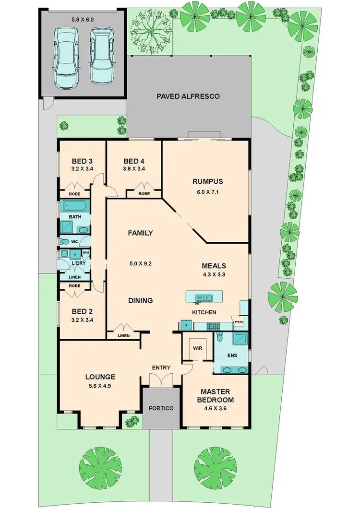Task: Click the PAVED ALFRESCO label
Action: tap(188, 96)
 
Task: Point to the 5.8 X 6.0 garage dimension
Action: tap(83, 21)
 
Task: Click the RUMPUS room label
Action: tap(208, 181)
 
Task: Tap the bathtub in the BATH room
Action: tap(74, 206)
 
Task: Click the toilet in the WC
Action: tap(65, 241)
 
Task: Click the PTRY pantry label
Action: tap(238, 322)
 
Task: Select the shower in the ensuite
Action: tap(240, 340)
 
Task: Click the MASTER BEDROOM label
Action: tap(217, 396)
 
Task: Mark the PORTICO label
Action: tap(161, 408)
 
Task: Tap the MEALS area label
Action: tap(214, 265)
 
